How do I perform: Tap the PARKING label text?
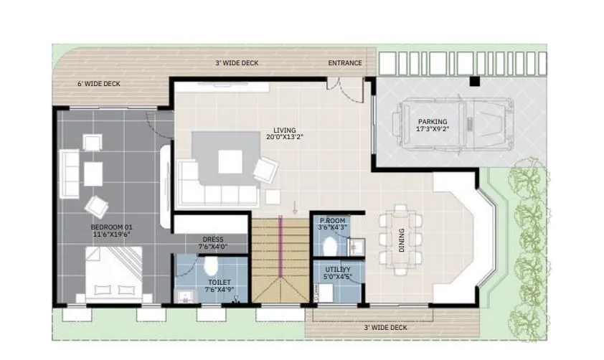click(433, 122)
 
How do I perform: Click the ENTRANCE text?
click(345, 63)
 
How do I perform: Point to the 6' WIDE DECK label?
click(99, 84)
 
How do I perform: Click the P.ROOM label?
click(333, 220)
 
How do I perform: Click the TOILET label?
click(219, 282)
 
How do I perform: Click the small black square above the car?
click(474, 82)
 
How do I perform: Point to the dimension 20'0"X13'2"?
click(285, 137)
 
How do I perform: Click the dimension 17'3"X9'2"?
click(433, 129)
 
